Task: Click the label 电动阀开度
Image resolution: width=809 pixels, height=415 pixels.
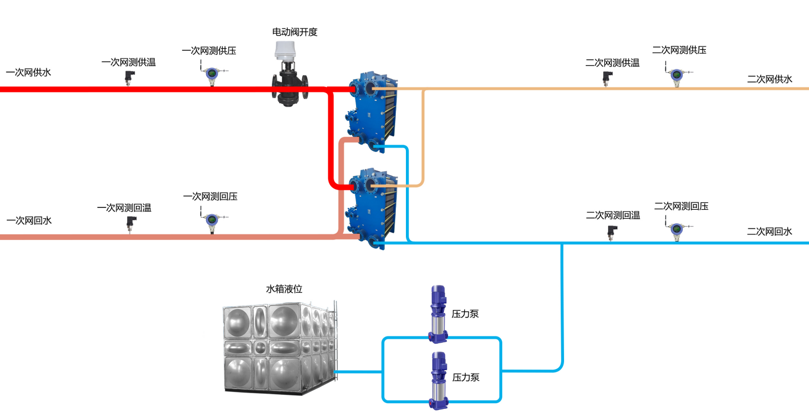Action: point(295,32)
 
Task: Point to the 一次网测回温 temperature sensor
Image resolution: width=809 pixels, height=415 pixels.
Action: point(131,223)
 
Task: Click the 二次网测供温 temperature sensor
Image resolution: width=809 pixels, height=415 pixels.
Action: point(607,78)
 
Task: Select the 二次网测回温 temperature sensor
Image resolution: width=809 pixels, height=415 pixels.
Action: point(612,232)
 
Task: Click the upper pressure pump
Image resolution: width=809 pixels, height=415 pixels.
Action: point(438,314)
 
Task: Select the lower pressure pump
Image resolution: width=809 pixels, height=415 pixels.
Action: point(438,380)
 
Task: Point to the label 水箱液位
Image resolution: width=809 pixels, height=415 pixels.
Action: point(284,289)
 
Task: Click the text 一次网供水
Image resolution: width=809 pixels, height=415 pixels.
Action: point(29,72)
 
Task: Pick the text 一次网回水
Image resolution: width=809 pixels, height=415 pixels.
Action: point(29,220)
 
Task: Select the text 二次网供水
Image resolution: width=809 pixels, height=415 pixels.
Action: point(769,79)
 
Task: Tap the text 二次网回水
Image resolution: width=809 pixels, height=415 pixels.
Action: point(769,231)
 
